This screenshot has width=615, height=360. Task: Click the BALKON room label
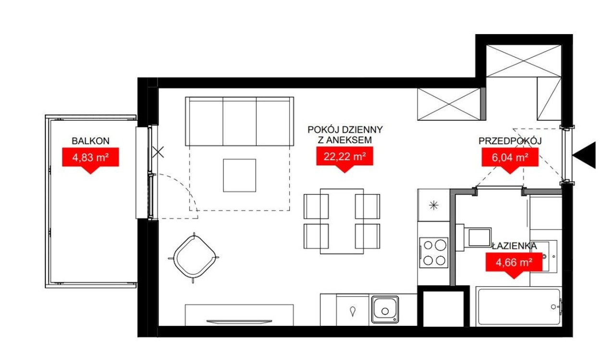pyautogui.click(x=90, y=141)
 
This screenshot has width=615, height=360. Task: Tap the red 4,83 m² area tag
pyautogui.click(x=90, y=159)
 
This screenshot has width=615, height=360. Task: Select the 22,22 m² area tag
pyautogui.click(x=344, y=157)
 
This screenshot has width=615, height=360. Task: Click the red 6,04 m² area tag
pyautogui.click(x=510, y=159)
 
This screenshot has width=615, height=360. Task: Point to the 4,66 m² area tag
pyautogui.click(x=514, y=263)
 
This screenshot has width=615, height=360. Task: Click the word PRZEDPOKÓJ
pyautogui.click(x=510, y=141)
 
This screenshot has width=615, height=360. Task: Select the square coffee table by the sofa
pyautogui.click(x=239, y=175)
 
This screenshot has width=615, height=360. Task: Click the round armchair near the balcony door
pyautogui.click(x=194, y=258)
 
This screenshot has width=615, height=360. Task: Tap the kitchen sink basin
pyautogui.click(x=385, y=310)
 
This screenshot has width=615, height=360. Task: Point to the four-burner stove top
pyautogui.click(x=434, y=253)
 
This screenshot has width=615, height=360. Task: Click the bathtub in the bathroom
pyautogui.click(x=519, y=307)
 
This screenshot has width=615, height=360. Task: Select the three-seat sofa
pyautogui.click(x=239, y=121)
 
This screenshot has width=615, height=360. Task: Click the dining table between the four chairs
pyautogui.click(x=342, y=221)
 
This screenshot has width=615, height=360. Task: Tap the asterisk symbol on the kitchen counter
pyautogui.click(x=434, y=205)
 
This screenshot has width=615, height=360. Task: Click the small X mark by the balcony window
pyautogui.click(x=158, y=152)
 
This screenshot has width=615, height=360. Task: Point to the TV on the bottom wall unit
pyautogui.click(x=239, y=322)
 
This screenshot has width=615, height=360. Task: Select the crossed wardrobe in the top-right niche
pyautogui.click(x=524, y=61)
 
